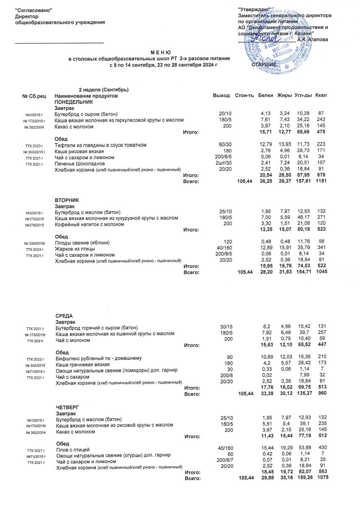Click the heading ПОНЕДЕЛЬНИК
pyautogui.click(x=73, y=103)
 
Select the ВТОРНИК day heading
pyautogui.click(x=67, y=200)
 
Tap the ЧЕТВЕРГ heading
pyautogui.click(x=67, y=407)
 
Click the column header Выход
pyautogui.click(x=221, y=96)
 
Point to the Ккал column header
pyautogui.click(x=321, y=96)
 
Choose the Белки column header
pyautogui.click(x=265, y=96)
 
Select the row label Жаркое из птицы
pyautogui.click(x=75, y=249)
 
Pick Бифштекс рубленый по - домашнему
pyautogui.click(x=98, y=358)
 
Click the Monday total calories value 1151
pyautogui.click(x=321, y=181)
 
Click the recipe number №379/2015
pyautogui.click(x=35, y=225)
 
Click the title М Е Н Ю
pyautogui.click(x=160, y=51)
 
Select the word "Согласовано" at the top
pyautogui.click(x=33, y=10)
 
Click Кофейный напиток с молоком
pyautogui.click(x=89, y=224)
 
